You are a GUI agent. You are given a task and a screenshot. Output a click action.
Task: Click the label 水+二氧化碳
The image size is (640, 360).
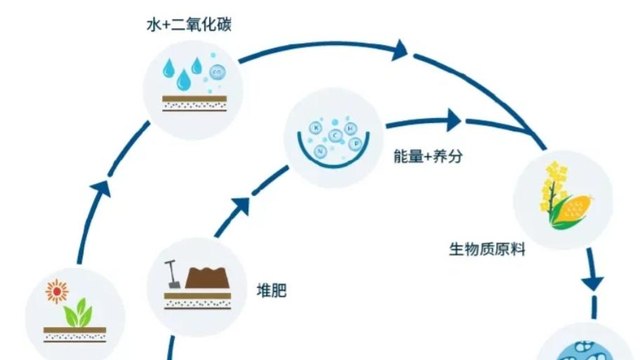pyautogui.click(x=189, y=25)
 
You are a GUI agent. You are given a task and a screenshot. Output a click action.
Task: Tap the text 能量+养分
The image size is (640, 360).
pyautogui.click(x=428, y=156)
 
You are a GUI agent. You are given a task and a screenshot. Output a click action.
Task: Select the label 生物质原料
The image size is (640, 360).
pyautogui.click(x=487, y=249)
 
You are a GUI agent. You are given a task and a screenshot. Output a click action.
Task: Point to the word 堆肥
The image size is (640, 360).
pyautogui.click(x=272, y=291)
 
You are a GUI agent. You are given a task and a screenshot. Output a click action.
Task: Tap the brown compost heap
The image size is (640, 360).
pyautogui.click(x=207, y=278)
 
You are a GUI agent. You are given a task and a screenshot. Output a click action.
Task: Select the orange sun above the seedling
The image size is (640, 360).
pyautogui.click(x=57, y=291)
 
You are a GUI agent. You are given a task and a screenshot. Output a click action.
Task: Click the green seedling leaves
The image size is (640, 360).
pyautogui.click(x=79, y=313)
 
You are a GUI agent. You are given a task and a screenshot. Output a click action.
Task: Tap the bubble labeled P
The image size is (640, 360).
pyautogui.click(x=356, y=144)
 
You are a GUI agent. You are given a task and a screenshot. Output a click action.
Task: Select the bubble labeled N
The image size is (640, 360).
pyautogui.click(x=320, y=152)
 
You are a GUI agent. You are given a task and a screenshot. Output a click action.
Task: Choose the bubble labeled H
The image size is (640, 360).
pyautogui.click(x=350, y=129)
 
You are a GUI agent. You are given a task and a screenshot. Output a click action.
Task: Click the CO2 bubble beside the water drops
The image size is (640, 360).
pyautogui.click(x=217, y=73)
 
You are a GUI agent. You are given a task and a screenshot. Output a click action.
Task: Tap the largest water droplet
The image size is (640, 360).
pyautogui.click(x=184, y=80)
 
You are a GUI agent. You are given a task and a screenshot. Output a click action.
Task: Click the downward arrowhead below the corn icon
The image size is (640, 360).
pyautogui.click(x=593, y=284)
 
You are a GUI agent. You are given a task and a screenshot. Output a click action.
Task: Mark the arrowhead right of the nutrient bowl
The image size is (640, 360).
pyautogui.click(x=453, y=120)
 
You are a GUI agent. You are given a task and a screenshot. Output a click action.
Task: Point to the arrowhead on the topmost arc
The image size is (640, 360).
pyautogui.click(x=400, y=51)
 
